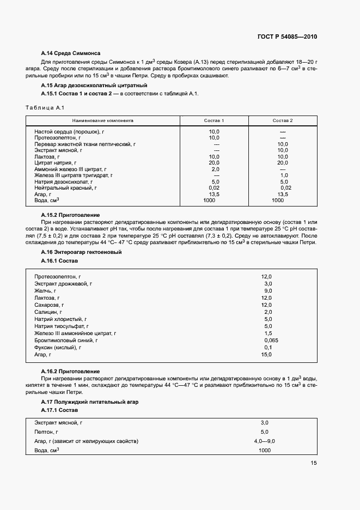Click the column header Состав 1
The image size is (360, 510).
click(x=214, y=120)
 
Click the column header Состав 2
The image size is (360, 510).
click(x=283, y=120)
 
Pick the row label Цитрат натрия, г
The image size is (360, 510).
click(x=56, y=163)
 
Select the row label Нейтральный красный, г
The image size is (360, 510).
click(x=65, y=188)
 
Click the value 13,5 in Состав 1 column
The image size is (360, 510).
click(x=214, y=194)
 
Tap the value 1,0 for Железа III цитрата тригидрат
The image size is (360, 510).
click(x=283, y=175)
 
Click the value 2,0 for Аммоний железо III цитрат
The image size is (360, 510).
click(x=215, y=169)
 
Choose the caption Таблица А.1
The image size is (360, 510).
click(x=45, y=107)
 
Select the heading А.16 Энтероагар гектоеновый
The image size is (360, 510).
click(x=81, y=252)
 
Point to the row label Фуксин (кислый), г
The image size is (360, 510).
click(x=58, y=347)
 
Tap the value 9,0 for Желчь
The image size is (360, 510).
click(x=267, y=291)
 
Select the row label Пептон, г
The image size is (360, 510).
click(x=47, y=432)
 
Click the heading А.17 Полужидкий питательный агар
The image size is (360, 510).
click(x=90, y=402)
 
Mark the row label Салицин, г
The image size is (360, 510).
click(x=50, y=312)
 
